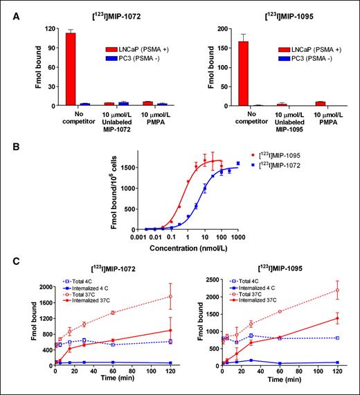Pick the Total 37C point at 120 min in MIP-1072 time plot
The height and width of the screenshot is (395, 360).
[170, 297]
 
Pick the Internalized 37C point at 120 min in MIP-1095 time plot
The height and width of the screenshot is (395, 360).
[337, 318]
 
